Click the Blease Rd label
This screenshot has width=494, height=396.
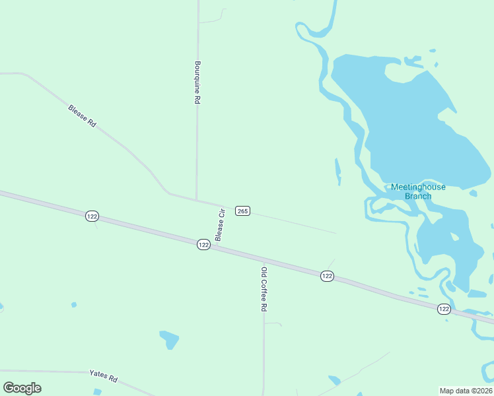click(83, 116)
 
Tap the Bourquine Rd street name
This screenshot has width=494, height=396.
click(197, 82)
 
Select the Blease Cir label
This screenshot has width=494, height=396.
click(221, 224)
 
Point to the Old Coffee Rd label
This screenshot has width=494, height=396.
click(264, 288)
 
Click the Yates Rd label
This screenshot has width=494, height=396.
click(104, 376)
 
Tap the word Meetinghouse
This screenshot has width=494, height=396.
click(418, 187)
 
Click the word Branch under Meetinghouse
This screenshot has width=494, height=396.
click(418, 196)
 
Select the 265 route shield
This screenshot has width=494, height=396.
click(242, 211)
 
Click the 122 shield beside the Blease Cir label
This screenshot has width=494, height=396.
click(203, 244)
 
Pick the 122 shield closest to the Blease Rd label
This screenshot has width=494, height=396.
click(92, 216)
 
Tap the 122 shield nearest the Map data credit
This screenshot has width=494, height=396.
click(444, 308)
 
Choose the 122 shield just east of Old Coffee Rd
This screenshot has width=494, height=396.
click(327, 276)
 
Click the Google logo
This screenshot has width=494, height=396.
click(22, 388)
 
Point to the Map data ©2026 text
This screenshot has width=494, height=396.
click(465, 390)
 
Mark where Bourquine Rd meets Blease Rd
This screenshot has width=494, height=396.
click(197, 200)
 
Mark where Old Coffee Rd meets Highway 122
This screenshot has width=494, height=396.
click(264, 260)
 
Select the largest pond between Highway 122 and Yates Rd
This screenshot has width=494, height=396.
click(170, 339)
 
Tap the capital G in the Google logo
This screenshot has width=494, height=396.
click(9, 388)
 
